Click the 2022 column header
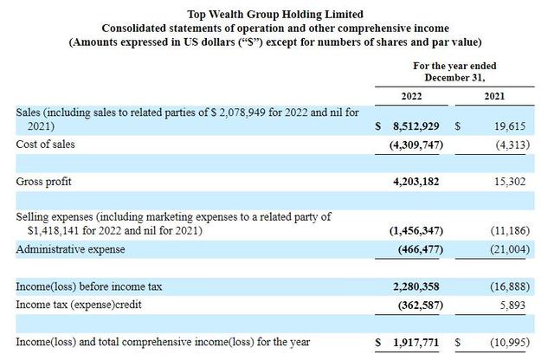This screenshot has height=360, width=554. click(x=411, y=96)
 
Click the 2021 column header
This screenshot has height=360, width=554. click(x=494, y=96)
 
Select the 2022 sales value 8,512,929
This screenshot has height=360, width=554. click(x=415, y=126)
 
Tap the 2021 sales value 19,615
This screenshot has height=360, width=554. click(x=510, y=126)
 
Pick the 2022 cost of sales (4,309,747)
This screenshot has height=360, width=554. click(x=416, y=145)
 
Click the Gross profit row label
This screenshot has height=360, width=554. click(x=43, y=182)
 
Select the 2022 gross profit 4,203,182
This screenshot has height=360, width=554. click(x=415, y=182)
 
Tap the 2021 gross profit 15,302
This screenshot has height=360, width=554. click(x=510, y=182)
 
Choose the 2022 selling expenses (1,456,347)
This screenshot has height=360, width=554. click(x=416, y=231)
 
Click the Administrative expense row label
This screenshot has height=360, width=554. click(x=70, y=249)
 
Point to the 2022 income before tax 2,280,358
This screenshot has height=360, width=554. click(x=415, y=286)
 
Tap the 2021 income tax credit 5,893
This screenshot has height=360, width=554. click(x=512, y=305)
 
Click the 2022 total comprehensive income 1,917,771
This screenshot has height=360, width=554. click(x=415, y=343)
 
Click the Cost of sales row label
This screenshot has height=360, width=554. click(x=45, y=145)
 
